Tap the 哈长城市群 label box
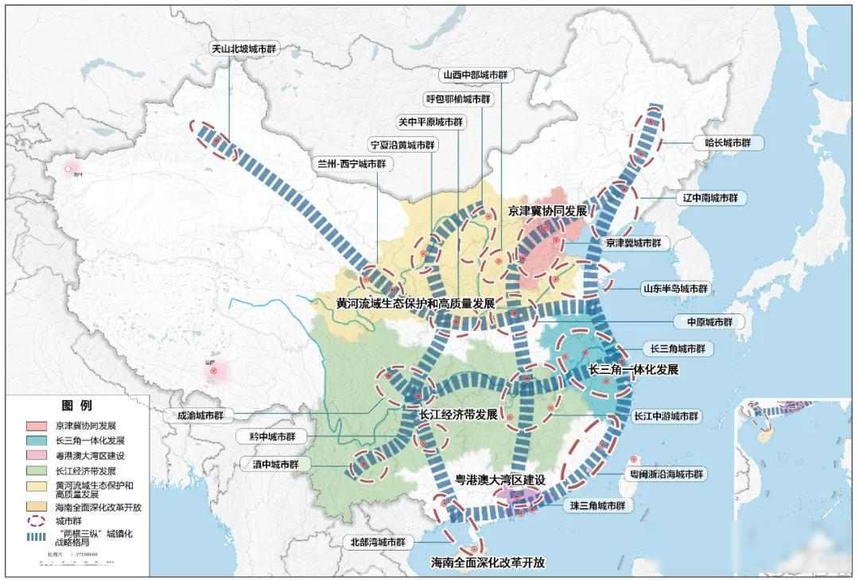(727, 143)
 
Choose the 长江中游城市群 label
(667, 416)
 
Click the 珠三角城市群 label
(597, 505)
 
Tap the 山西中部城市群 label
(475, 76)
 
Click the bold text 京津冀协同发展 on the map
(547, 211)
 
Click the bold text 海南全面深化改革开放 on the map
(488, 562)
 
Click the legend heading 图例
(76, 406)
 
